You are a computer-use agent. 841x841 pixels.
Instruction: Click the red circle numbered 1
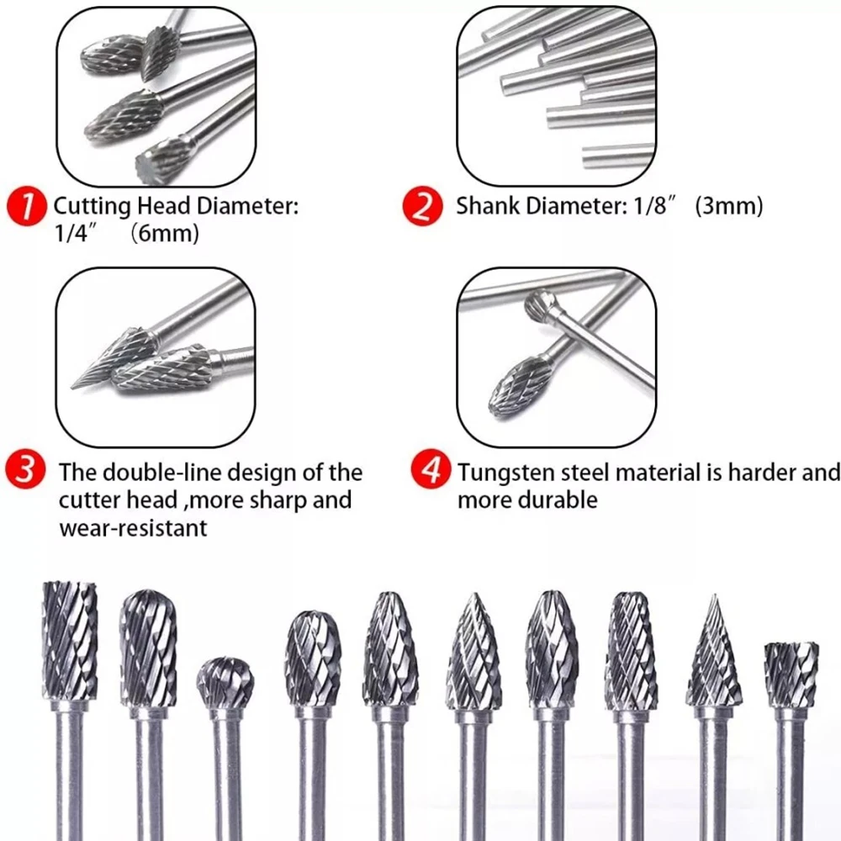pyautogui.click(x=27, y=207)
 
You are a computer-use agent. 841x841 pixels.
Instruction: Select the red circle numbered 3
pyautogui.click(x=25, y=468)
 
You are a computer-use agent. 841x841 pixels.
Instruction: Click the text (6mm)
pyautogui.click(x=165, y=234)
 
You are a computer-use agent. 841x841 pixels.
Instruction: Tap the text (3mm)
pyautogui.click(x=728, y=206)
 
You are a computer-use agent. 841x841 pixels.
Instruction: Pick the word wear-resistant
pyautogui.click(x=133, y=528)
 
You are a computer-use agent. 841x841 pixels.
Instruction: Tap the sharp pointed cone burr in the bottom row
pyautogui.click(x=714, y=651)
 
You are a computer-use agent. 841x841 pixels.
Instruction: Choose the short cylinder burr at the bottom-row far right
pyautogui.click(x=791, y=674)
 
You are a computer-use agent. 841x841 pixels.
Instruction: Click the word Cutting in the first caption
pyautogui.click(x=92, y=207)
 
